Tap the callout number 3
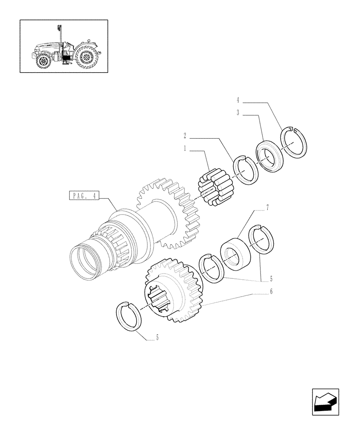[238, 112]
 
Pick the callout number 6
[271, 292]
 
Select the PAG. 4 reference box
[83, 196]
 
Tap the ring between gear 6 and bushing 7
[211, 269]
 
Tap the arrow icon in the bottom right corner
[325, 402]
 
